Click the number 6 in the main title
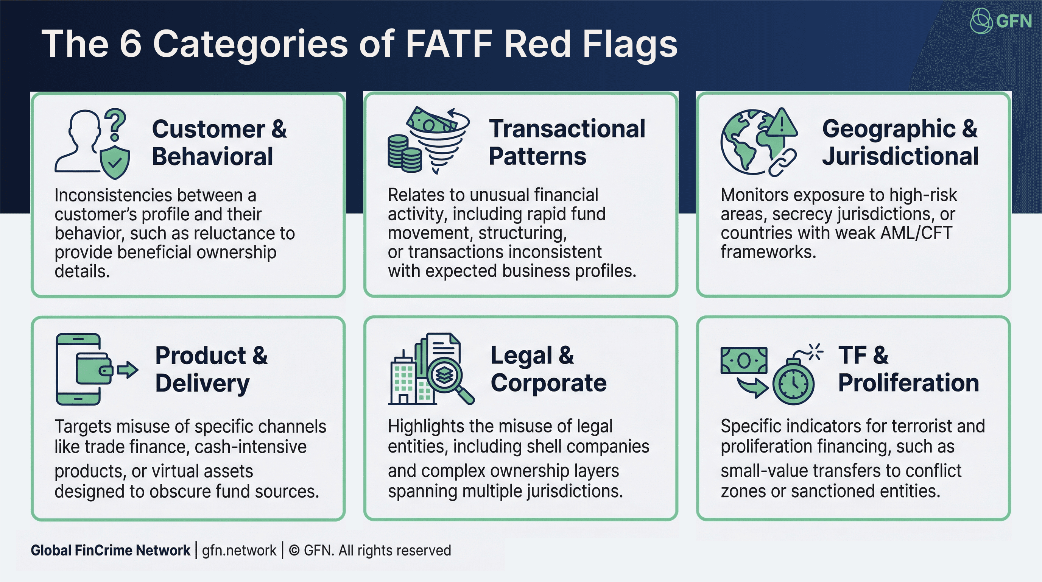pyautogui.click(x=130, y=44)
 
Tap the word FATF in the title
pyautogui.click(x=449, y=44)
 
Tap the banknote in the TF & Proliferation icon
pyautogui.click(x=743, y=360)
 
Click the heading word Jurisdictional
pyautogui.click(x=900, y=157)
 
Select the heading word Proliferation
pyautogui.click(x=908, y=383)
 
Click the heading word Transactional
pyautogui.click(x=567, y=129)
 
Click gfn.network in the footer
pyautogui.click(x=239, y=551)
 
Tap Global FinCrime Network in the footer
pyautogui.click(x=111, y=551)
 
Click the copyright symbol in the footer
pyautogui.click(x=294, y=551)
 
